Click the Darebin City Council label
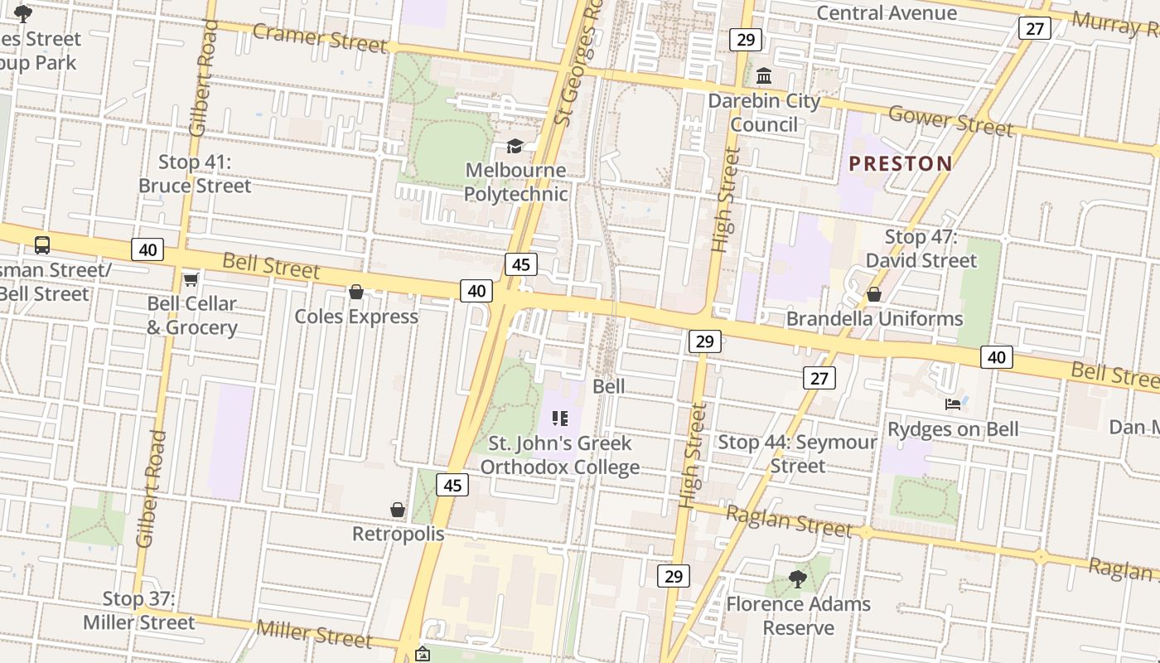(764, 113)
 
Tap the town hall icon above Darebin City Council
(764, 76)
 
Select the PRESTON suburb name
(901, 163)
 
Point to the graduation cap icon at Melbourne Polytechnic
(515, 147)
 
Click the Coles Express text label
(356, 317)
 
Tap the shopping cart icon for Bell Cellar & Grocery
(191, 280)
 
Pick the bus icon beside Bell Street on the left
(42, 245)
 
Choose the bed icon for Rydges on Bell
(953, 404)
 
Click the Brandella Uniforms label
(874, 318)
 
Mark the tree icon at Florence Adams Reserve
(798, 579)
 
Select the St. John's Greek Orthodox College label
(560, 455)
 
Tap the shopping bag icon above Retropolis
(398, 510)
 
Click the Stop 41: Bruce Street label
(195, 174)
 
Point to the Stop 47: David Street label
(921, 249)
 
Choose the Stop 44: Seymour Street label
(797, 453)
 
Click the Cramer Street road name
(320, 37)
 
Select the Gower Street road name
(950, 121)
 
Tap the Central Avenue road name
(887, 12)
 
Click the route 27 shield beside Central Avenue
(1034, 28)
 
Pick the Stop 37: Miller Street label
(139, 610)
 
